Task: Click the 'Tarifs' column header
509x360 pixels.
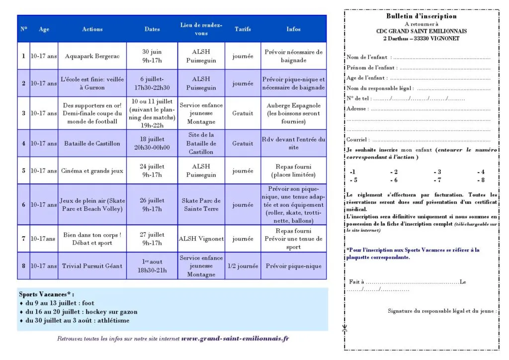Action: (x=243, y=29)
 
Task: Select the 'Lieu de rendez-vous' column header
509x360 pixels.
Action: (x=201, y=29)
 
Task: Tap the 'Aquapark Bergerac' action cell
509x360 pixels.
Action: (x=92, y=56)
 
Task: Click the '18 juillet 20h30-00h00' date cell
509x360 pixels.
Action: (x=152, y=143)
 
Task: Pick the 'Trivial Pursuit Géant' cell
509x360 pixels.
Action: (x=92, y=266)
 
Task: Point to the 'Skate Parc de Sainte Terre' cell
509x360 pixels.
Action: (x=201, y=204)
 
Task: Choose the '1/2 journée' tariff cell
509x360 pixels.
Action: (x=243, y=266)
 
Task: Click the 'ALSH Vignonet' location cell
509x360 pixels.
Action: (x=201, y=239)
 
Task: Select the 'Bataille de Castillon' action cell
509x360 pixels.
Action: (x=92, y=143)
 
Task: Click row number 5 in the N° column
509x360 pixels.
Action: (x=23, y=171)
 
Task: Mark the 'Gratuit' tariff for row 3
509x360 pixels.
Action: (x=243, y=113)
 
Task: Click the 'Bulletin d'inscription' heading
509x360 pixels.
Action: (x=421, y=16)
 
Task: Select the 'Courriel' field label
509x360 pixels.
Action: (x=357, y=140)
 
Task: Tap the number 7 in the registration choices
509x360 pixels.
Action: (x=437, y=180)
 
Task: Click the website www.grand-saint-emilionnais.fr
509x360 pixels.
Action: (x=235, y=339)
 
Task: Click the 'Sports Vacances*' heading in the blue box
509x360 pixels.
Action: (x=46, y=294)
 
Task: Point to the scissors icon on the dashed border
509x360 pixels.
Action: (x=345, y=329)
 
